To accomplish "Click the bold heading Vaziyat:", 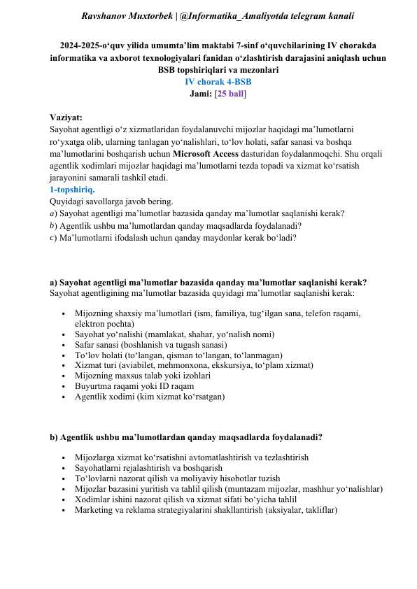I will click(66, 118).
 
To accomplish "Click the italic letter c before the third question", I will click(52, 237).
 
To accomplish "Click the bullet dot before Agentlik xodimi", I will click(64, 396).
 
